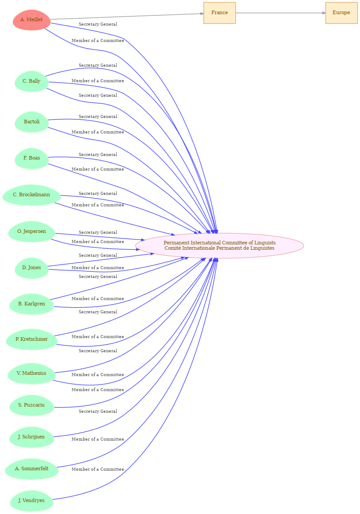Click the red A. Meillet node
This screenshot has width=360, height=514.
pos(31,20)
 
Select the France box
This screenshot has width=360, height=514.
pos(219,13)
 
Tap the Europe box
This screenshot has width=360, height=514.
pos(341,13)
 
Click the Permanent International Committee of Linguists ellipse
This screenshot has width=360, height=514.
pos(219,246)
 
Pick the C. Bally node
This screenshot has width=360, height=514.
pos(31,81)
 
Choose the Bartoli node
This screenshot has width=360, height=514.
pos(31,122)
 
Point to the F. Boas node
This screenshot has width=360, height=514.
pos(31,158)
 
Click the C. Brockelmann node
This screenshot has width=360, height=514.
pos(31,195)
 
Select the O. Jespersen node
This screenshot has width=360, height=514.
pos(31,232)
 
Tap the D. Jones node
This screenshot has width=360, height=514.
pos(31,268)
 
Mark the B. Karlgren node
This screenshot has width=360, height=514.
pos(31,304)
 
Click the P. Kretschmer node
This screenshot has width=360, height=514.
pos(31,339)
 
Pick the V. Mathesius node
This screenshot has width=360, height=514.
pos(31,373)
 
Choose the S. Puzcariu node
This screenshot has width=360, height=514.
pos(31,405)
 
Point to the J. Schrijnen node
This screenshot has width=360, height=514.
pos(31,437)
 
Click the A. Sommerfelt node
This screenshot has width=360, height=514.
pos(31,469)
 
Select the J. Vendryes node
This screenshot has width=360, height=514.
pos(31,501)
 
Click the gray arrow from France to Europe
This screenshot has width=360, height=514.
pos(280,13)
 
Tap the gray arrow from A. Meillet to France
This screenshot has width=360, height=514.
pos(127,16)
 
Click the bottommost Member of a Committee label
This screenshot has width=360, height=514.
pos(98,469)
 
